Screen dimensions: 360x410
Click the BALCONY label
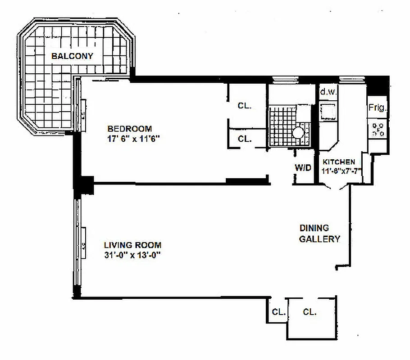point(72,56)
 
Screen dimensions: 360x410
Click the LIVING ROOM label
point(132,245)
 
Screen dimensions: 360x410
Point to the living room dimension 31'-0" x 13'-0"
point(132,256)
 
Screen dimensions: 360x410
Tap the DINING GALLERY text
point(319,234)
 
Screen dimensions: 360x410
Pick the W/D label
point(303,168)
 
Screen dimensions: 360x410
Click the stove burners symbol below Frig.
point(378,129)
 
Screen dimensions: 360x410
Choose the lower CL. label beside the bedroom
point(245,139)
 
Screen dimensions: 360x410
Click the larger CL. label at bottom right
point(310,311)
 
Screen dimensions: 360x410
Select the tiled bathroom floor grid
point(282,124)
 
